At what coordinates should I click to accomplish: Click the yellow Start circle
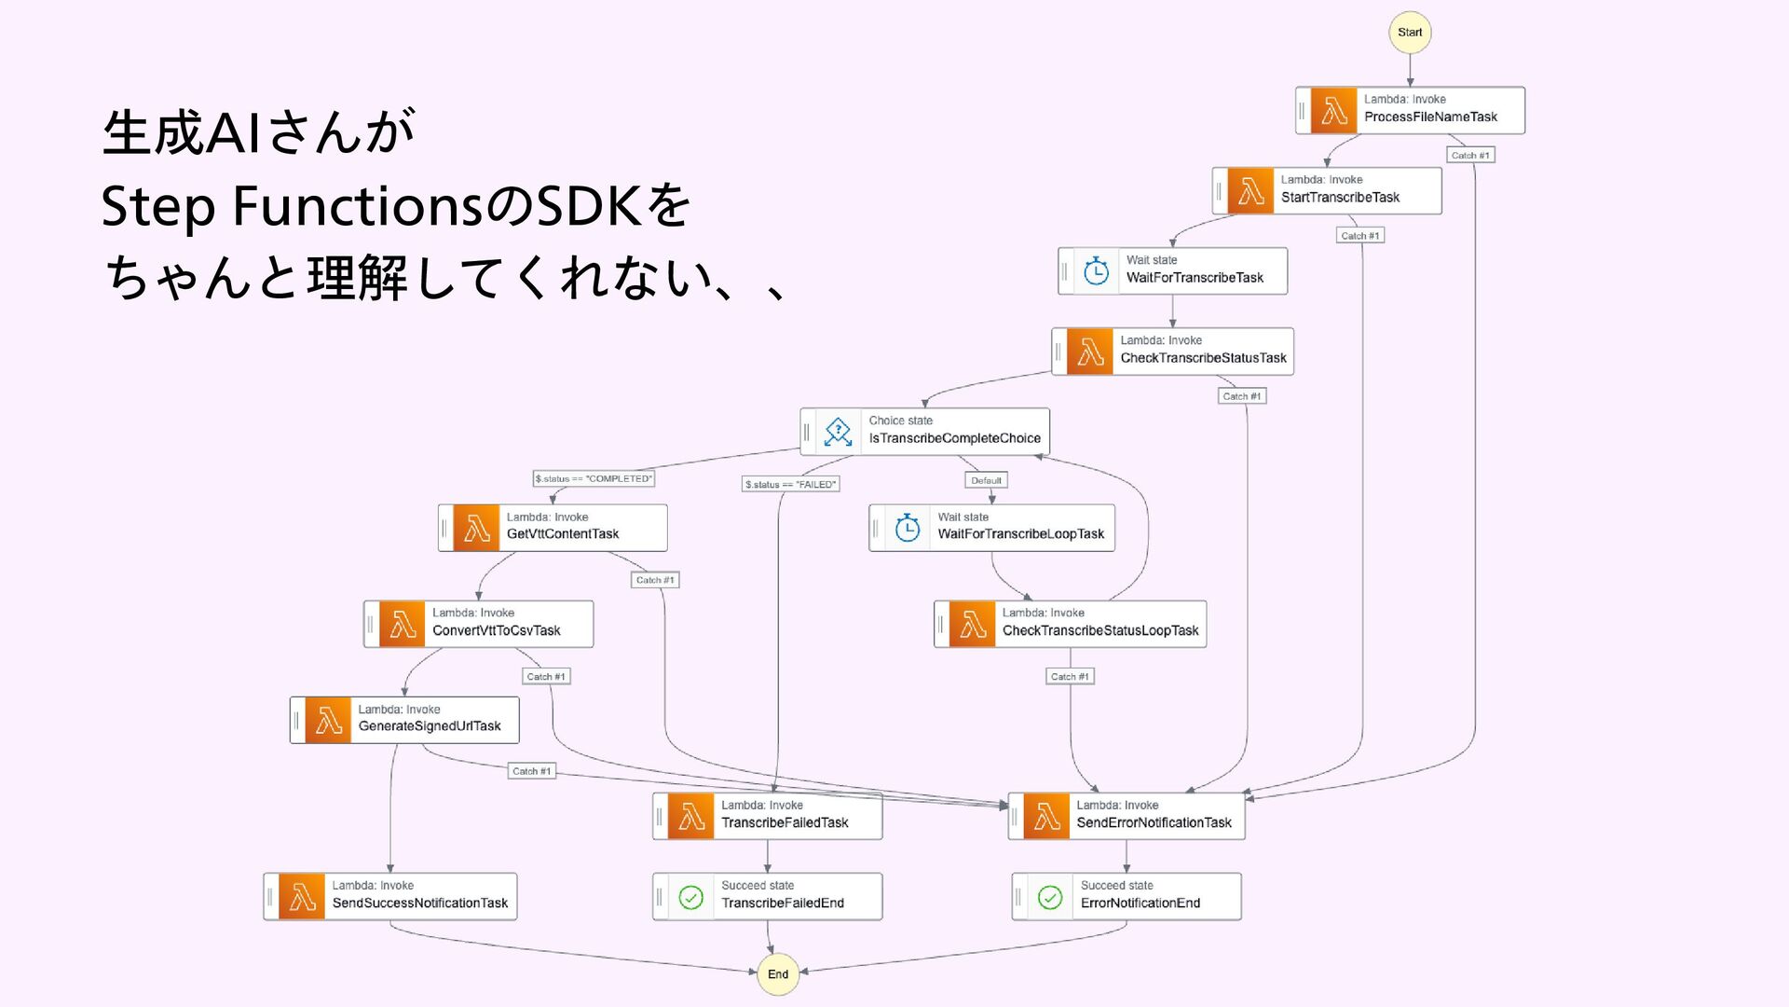(x=1410, y=33)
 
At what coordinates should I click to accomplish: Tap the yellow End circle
(x=778, y=973)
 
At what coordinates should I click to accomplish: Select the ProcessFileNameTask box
(x=1410, y=110)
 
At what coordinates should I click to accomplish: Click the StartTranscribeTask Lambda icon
(x=1250, y=190)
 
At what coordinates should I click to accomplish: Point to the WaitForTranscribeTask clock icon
(x=1096, y=271)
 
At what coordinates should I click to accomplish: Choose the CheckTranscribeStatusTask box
(x=1172, y=352)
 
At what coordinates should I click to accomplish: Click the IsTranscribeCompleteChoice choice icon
(x=838, y=432)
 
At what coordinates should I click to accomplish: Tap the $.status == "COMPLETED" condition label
(x=594, y=478)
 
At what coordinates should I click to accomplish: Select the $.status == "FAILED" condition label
(x=791, y=484)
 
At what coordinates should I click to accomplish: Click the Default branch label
(x=986, y=480)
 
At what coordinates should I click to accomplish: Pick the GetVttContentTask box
(x=553, y=528)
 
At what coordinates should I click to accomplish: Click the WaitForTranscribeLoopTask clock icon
(x=908, y=528)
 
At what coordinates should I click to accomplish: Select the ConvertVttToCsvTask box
(x=478, y=624)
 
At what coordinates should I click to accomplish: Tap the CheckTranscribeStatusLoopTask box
(x=1070, y=624)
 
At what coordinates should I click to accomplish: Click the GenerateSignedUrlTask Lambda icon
(x=328, y=720)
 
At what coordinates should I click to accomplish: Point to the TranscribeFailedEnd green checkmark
(x=690, y=897)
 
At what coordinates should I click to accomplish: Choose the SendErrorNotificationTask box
(x=1127, y=816)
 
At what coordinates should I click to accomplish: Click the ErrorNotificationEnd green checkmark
(x=1050, y=897)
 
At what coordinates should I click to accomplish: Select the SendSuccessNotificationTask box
(x=390, y=896)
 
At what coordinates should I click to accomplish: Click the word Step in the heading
(x=158, y=207)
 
